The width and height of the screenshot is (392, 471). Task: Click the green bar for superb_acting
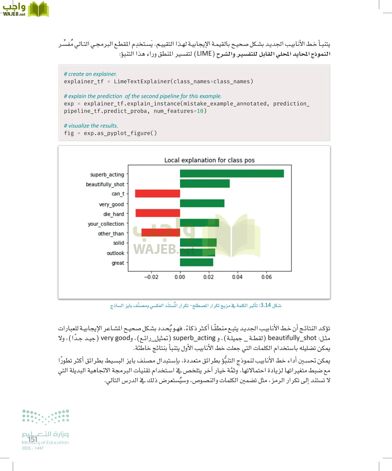pos(232,174)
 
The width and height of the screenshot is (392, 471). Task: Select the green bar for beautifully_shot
pos(205,184)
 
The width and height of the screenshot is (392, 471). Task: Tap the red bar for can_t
pos(157,194)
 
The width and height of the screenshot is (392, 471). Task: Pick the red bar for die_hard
pos(158,213)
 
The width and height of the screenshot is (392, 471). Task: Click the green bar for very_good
pos(202,203)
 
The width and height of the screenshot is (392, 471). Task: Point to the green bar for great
pos(196,262)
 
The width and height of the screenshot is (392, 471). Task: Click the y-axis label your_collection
pos(106,224)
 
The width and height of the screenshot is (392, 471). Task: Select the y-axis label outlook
pos(116,253)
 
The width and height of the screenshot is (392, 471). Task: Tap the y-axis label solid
pos(118,243)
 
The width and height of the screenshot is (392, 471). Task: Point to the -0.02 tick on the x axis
pos(151,277)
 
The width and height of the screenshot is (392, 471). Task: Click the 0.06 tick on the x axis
pos(266,277)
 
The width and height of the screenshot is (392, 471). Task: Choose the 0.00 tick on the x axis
pos(180,277)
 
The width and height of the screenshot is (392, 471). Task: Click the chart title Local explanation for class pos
pos(209,160)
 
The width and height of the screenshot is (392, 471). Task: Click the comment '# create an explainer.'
pos(90,74)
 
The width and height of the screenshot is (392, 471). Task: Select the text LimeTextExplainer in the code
pos(142,81)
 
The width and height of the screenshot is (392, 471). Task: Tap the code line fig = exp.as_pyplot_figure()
pos(110,133)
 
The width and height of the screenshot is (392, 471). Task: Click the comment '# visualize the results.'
pos(91,126)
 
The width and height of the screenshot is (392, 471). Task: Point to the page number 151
pos(33,439)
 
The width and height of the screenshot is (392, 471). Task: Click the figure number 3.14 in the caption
pos(266,305)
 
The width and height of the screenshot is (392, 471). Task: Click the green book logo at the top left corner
pos(38,9)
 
